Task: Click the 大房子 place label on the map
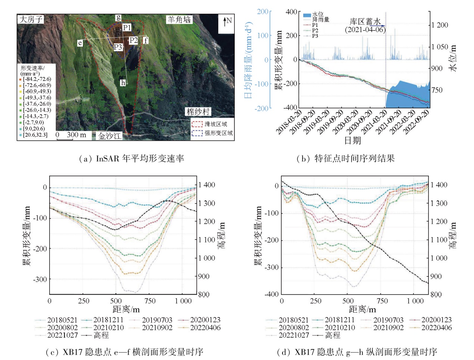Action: pos(31,19)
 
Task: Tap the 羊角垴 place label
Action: pos(179,20)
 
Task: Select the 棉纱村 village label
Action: pos(198,112)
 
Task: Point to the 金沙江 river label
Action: pos(109,136)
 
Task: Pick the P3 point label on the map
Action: pos(118,47)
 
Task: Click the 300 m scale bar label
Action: pos(76,135)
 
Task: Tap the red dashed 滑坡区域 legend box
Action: pos(196,124)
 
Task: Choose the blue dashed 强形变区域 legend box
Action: pos(196,133)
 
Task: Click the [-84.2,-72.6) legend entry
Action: pos(37,79)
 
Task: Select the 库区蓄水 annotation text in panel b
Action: pos(365,22)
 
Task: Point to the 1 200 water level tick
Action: pos(440,25)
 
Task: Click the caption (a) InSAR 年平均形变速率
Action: pos(132,159)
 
